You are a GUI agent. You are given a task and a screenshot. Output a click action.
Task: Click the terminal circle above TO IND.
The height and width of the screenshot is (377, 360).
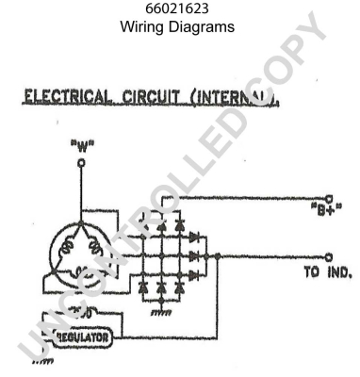pyautogui.click(x=329, y=254)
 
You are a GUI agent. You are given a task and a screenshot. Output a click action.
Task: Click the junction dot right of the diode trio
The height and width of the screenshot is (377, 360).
pyautogui.click(x=219, y=254)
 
